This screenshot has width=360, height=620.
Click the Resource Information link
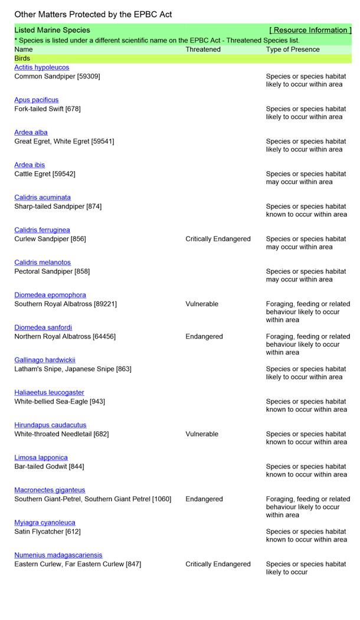click(x=310, y=30)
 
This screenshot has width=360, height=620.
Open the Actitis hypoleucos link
click(x=41, y=68)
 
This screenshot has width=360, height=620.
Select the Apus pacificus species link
click(x=37, y=100)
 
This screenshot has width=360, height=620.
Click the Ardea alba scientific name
click(x=31, y=133)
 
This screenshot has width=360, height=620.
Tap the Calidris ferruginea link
click(x=42, y=230)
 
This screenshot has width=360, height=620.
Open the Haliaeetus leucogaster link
click(x=49, y=392)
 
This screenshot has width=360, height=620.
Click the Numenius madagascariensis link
click(x=58, y=555)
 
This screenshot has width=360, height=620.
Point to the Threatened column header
click(x=203, y=50)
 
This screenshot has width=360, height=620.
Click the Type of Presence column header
click(x=293, y=50)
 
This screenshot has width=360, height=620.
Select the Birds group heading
click(x=22, y=58)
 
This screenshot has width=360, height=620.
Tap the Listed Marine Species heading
click(x=53, y=30)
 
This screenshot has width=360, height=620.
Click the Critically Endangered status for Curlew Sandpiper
click(x=218, y=239)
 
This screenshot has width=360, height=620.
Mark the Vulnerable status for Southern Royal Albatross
click(x=202, y=304)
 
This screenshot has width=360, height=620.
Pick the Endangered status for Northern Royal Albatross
click(x=204, y=336)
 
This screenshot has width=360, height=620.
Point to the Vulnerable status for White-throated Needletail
click(x=202, y=434)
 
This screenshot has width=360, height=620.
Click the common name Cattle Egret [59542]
click(x=45, y=174)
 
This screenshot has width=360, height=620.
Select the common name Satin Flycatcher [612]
click(x=48, y=532)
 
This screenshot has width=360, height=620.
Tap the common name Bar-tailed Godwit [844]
click(x=49, y=467)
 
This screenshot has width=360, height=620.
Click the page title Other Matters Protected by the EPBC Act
click(x=93, y=14)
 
